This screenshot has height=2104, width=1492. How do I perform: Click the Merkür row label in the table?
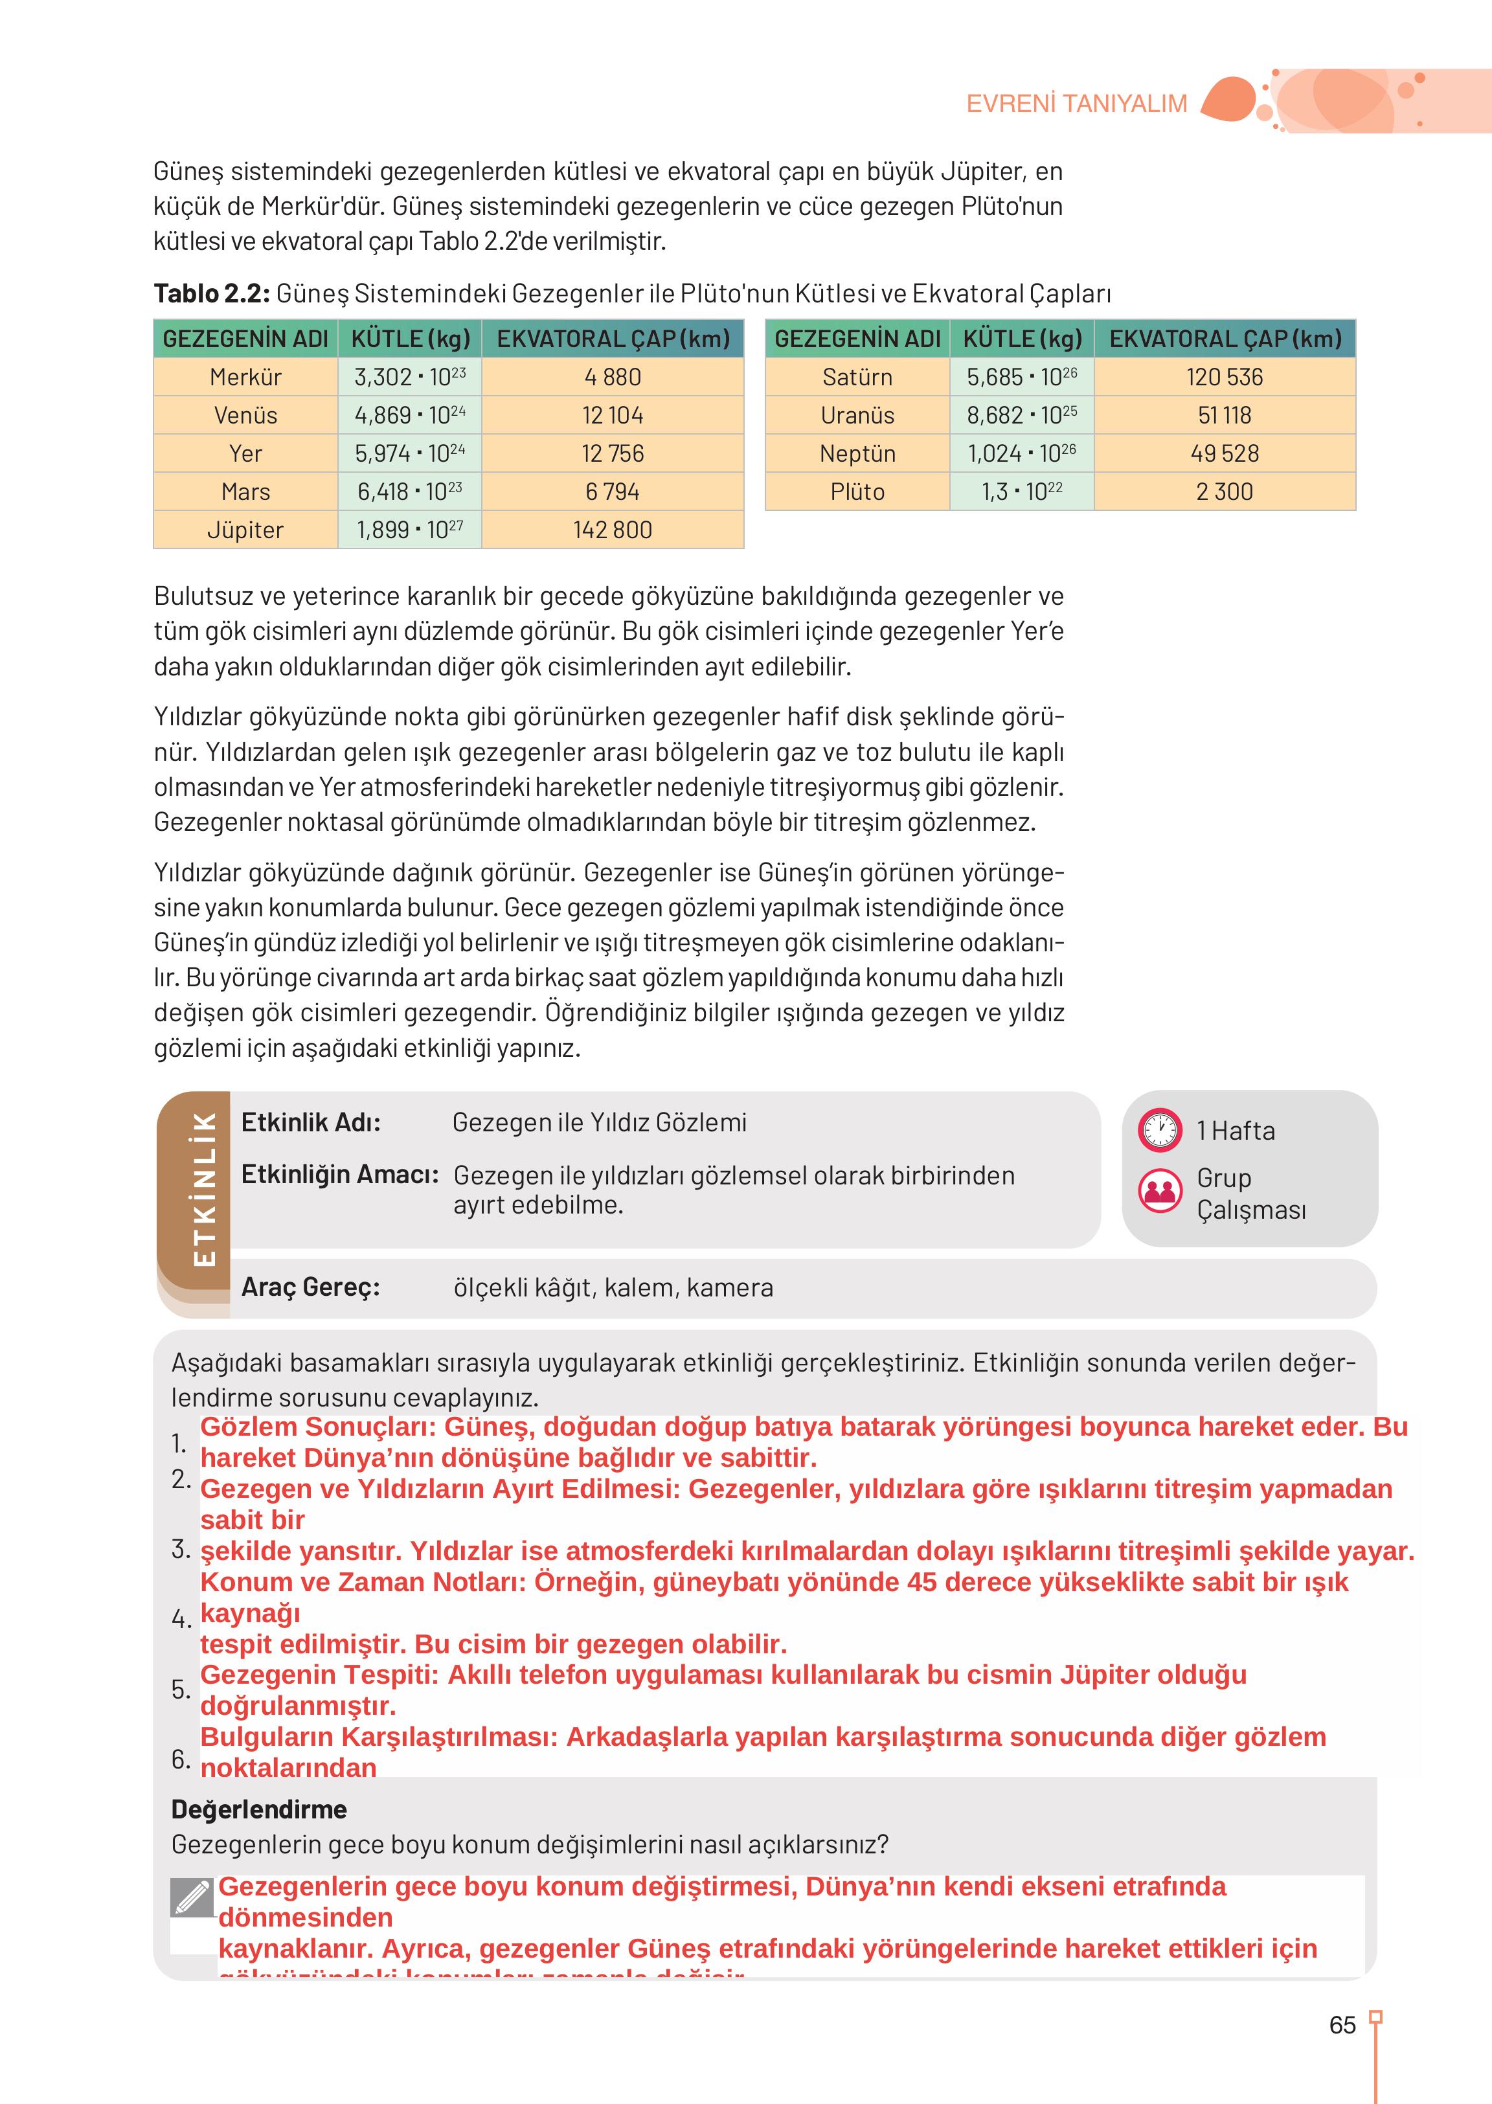(x=245, y=377)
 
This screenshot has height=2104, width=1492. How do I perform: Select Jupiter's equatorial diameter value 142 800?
(x=612, y=530)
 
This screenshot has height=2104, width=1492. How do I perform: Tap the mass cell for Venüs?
(x=410, y=415)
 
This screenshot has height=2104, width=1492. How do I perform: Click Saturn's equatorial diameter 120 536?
(x=1224, y=377)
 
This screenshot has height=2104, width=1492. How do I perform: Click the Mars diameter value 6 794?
(x=612, y=492)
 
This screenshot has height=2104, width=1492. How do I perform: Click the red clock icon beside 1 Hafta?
(x=1159, y=1129)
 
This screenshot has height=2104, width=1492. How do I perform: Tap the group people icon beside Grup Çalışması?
(x=1159, y=1191)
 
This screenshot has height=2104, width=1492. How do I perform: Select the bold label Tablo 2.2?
(x=211, y=294)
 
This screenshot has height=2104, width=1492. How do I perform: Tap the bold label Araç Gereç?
(x=311, y=1287)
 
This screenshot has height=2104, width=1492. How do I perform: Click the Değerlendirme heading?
(x=259, y=1809)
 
